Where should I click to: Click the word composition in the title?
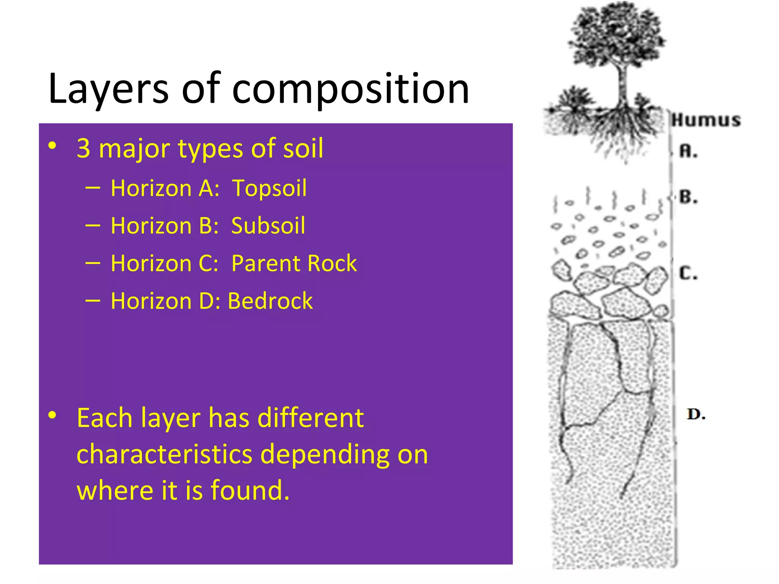coord(350,89)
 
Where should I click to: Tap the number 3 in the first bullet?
coord(83,148)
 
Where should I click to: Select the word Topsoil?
coord(269,188)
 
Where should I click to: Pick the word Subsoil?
coord(268,226)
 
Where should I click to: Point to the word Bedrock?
coord(270,301)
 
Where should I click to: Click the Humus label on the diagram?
coord(706,120)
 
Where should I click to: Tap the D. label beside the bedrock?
coord(696,414)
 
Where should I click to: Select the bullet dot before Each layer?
coord(52,415)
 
